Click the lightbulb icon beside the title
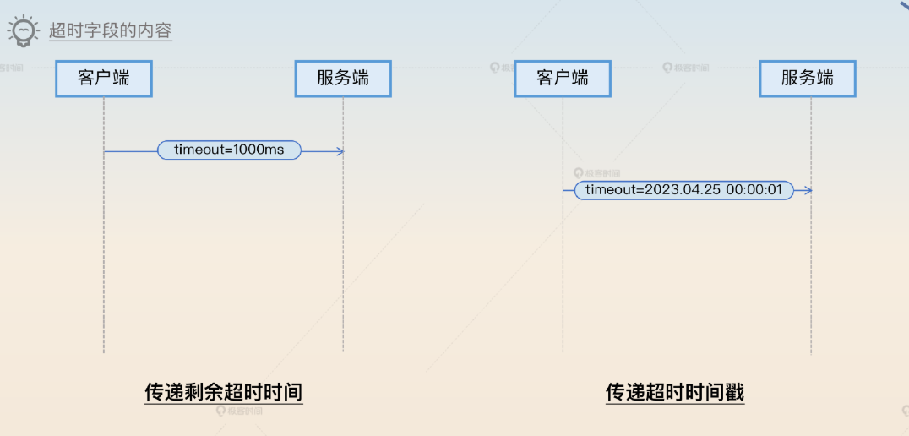pyautogui.click(x=24, y=30)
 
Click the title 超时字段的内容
pyautogui.click(x=110, y=31)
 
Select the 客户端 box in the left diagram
pyautogui.click(x=104, y=79)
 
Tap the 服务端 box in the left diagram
pyautogui.click(x=343, y=79)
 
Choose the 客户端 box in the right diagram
pyautogui.click(x=563, y=79)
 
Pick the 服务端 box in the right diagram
pyautogui.click(x=808, y=79)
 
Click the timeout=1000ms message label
pyautogui.click(x=229, y=150)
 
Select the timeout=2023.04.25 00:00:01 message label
pyautogui.click(x=684, y=190)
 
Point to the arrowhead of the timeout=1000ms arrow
pyautogui.click(x=340, y=151)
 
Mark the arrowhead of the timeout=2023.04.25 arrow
pyautogui.click(x=808, y=190)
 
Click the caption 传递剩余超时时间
pyautogui.click(x=224, y=392)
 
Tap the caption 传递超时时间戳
pyautogui.click(x=675, y=392)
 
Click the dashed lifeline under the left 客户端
pyautogui.click(x=104, y=253)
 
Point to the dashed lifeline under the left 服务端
pyautogui.click(x=343, y=253)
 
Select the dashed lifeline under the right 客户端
pyautogui.click(x=563, y=279)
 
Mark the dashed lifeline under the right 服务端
pyautogui.click(x=811, y=279)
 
